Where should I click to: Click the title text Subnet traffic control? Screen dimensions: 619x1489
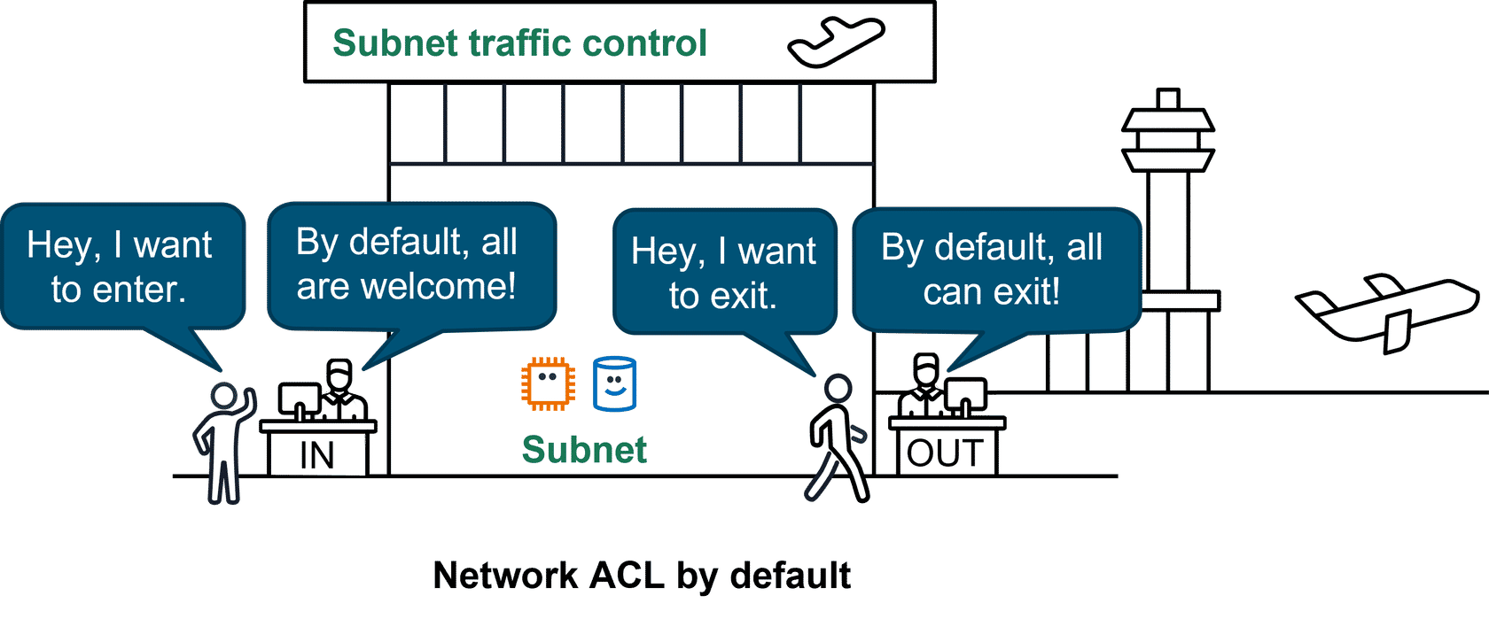pyautogui.click(x=519, y=43)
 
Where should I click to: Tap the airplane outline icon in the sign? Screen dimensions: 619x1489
pyautogui.click(x=836, y=42)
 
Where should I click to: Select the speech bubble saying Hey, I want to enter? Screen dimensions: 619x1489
pyautogui.click(x=120, y=267)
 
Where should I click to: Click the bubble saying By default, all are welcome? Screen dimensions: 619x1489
pyautogui.click(x=407, y=264)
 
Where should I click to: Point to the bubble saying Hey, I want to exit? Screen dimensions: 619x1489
pyautogui.click(x=723, y=273)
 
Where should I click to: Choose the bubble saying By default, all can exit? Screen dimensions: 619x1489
pyautogui.click(x=992, y=269)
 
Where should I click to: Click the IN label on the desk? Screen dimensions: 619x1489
pyautogui.click(x=317, y=455)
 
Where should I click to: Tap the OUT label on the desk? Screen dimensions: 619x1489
pyautogui.click(x=945, y=453)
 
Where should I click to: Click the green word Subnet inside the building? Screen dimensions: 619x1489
pyautogui.click(x=584, y=450)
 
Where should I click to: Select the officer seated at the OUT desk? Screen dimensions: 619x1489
pyautogui.click(x=924, y=390)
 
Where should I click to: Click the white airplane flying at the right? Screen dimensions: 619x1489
pyautogui.click(x=1387, y=310)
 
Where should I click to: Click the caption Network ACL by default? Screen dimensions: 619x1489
pyautogui.click(x=641, y=576)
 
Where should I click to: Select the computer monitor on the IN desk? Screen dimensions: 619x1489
pyautogui.click(x=300, y=399)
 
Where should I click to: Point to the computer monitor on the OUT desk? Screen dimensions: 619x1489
pyautogui.click(x=965, y=395)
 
